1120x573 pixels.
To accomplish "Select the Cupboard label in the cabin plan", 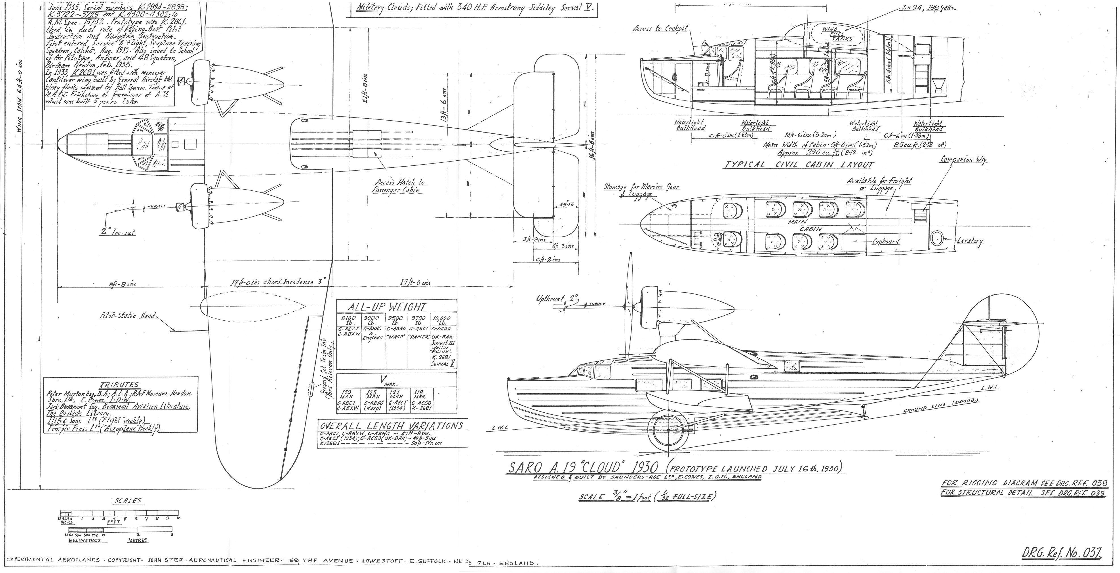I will click(x=886, y=241).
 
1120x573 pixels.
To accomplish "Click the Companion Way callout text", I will click(x=963, y=160).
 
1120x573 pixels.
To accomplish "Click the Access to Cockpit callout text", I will click(x=660, y=28).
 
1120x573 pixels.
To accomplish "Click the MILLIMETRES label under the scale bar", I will click(x=85, y=540).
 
